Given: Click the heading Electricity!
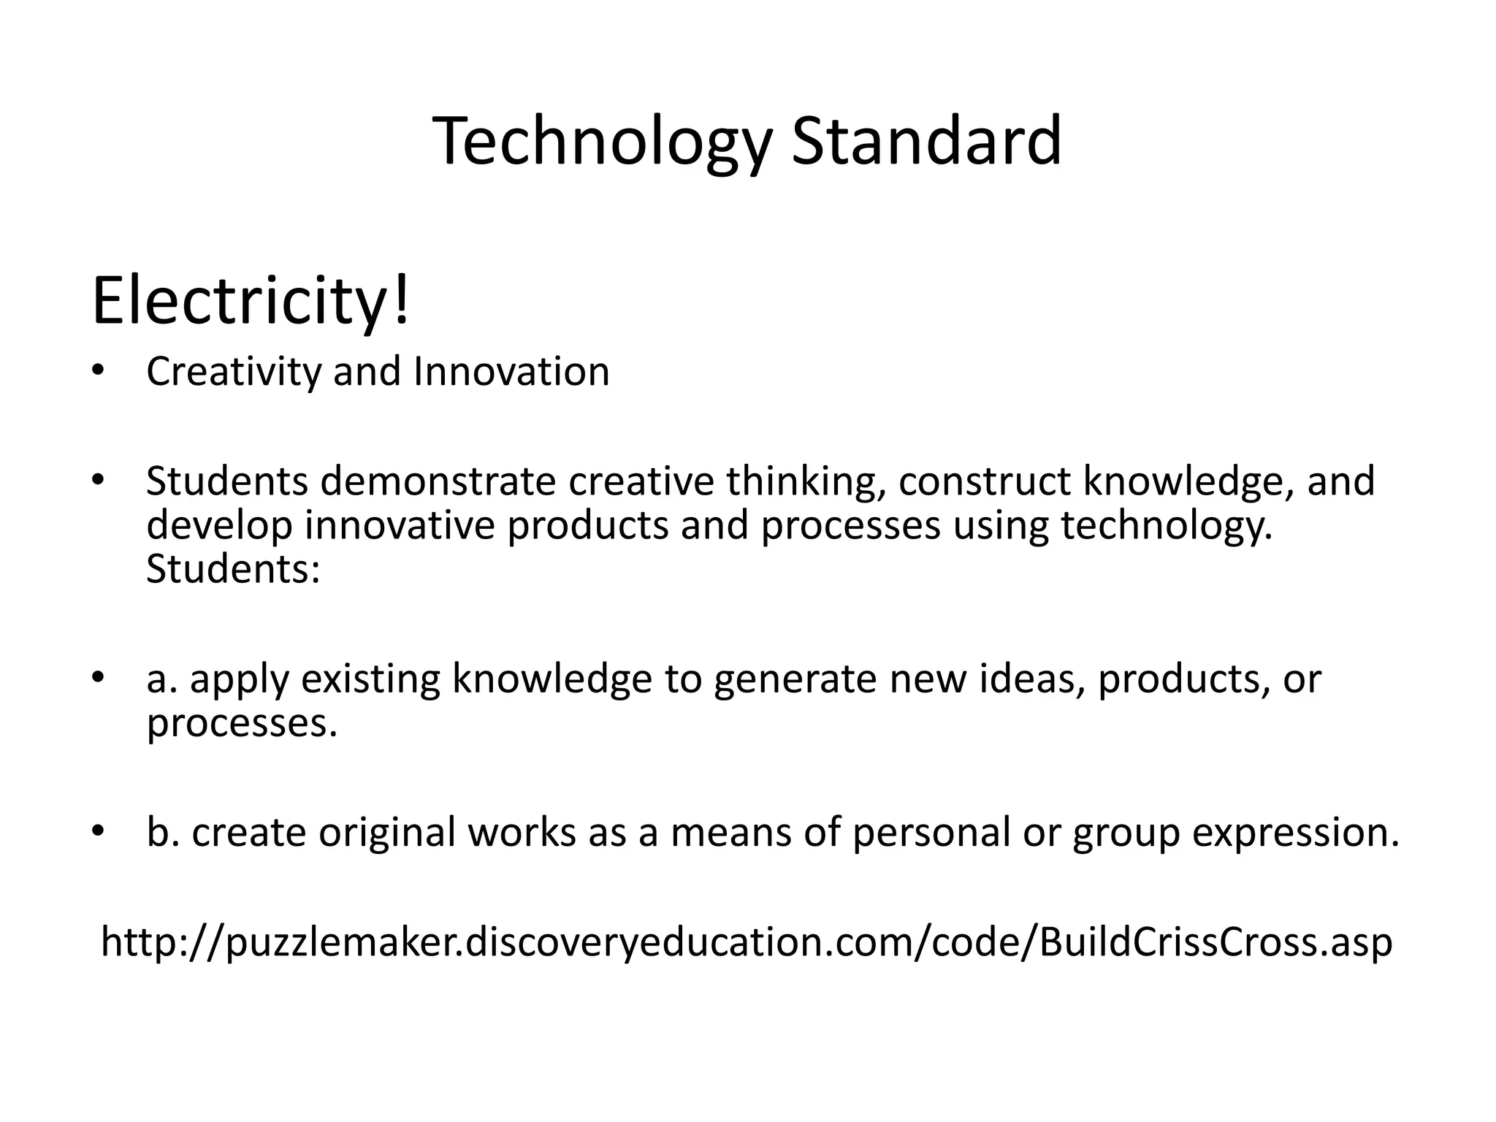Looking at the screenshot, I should tap(251, 302).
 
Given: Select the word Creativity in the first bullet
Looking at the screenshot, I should tap(233, 372).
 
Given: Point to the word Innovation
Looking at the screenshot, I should tap(511, 372).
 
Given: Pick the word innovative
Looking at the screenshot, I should tap(400, 525).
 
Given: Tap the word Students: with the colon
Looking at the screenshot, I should tap(233, 569).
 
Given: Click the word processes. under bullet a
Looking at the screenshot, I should tap(242, 723).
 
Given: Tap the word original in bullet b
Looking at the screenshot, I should tap(387, 833).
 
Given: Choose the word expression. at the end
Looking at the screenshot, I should tap(1296, 833).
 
